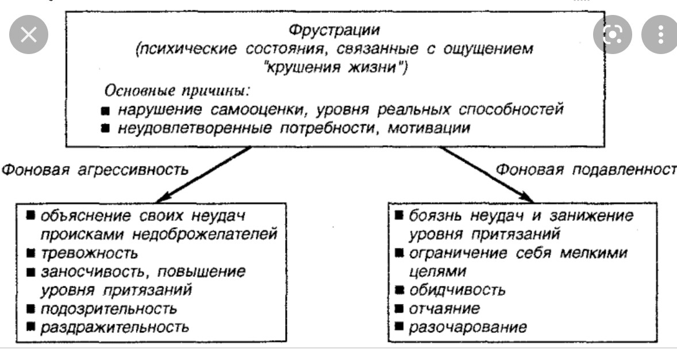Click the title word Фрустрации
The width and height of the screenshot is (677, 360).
click(334, 30)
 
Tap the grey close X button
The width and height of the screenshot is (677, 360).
click(29, 34)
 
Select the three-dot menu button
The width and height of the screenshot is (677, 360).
click(660, 34)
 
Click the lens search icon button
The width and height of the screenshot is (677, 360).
click(612, 34)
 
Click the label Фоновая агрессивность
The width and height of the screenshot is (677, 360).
click(95, 170)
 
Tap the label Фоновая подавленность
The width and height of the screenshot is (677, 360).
click(586, 170)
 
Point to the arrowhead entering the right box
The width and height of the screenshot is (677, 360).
click(527, 198)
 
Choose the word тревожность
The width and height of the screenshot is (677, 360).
click(90, 253)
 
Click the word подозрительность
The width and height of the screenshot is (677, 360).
click(109, 309)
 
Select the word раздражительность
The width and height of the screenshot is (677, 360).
click(115, 327)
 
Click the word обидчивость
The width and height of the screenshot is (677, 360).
click(457, 290)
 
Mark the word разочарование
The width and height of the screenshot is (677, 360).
click(468, 327)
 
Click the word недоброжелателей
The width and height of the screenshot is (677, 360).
click(205, 235)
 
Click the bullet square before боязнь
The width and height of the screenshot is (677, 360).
click(399, 215)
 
